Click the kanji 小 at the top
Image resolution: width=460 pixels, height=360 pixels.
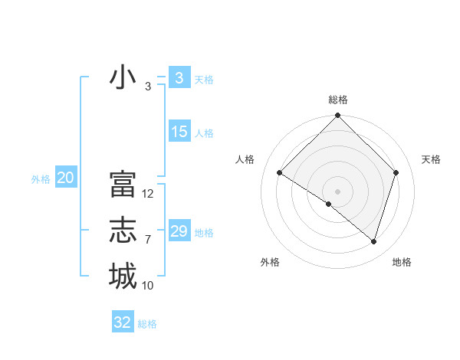click(x=123, y=77)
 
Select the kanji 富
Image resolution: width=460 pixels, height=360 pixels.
click(x=123, y=185)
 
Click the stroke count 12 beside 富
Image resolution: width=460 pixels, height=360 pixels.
click(x=148, y=194)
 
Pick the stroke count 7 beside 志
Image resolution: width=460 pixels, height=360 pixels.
click(x=148, y=240)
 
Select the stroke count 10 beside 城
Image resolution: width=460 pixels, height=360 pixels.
click(x=148, y=286)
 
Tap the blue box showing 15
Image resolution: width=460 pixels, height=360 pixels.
click(x=179, y=132)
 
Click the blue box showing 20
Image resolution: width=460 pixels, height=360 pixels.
click(x=65, y=178)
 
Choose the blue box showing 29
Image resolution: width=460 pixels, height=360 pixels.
click(x=179, y=231)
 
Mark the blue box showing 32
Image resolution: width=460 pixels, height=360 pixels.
click(x=123, y=322)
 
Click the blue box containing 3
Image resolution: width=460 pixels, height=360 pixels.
click(x=179, y=77)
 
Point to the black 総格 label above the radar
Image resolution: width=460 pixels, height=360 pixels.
click(x=338, y=100)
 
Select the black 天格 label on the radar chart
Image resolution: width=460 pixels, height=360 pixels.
click(x=432, y=159)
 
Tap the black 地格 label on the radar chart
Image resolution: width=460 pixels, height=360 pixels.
click(x=402, y=262)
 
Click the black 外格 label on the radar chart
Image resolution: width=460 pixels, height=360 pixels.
click(x=270, y=262)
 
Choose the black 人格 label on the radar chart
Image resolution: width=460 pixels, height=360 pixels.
click(x=245, y=159)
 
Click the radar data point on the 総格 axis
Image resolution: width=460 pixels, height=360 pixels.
click(x=338, y=116)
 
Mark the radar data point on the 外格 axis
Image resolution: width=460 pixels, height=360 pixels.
click(x=329, y=204)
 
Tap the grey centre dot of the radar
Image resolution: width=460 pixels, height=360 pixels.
click(x=337, y=191)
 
